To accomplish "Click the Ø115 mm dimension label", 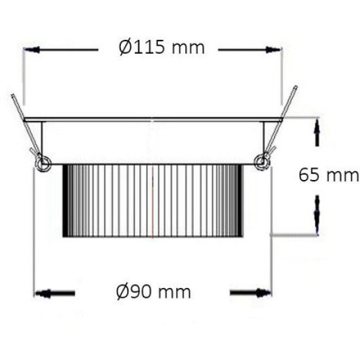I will point(162,48).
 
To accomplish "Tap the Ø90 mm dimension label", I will point(154,291).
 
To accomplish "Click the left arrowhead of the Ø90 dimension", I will point(43,293).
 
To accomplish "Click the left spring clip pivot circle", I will point(43,162).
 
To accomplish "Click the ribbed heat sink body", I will point(153,200).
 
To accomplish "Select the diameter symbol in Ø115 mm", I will point(126,48).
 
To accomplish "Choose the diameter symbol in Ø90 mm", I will point(123,291).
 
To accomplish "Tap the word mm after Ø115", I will point(190,48).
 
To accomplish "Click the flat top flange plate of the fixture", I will point(153,120).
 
